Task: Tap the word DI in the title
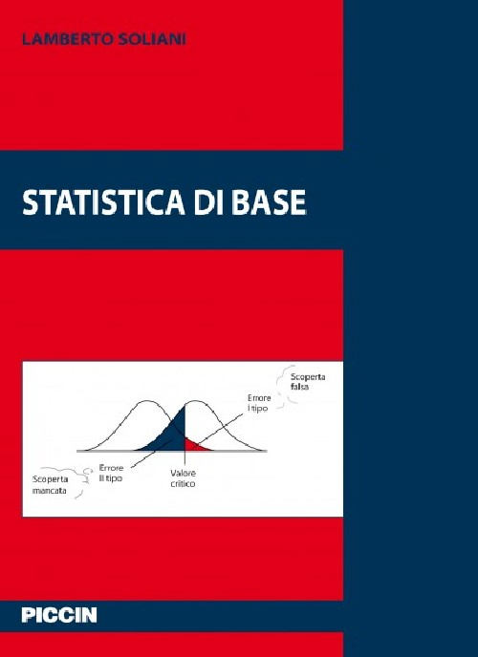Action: [204, 202]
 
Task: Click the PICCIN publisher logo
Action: [59, 616]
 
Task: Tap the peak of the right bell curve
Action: [198, 401]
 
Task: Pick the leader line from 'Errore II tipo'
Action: [143, 458]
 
